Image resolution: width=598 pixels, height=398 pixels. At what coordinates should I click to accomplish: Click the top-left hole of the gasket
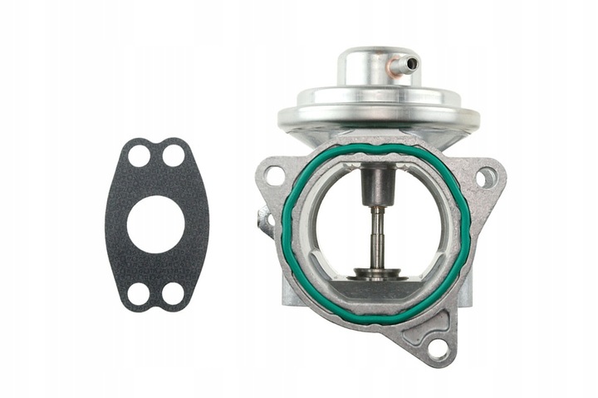139,155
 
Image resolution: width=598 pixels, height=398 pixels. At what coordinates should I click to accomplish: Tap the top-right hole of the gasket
173,155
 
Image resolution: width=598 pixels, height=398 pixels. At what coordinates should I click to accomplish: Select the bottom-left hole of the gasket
139,292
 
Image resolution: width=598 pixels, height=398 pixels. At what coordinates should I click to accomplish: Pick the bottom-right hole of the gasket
173,292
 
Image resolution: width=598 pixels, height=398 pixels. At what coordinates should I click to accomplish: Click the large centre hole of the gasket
155,224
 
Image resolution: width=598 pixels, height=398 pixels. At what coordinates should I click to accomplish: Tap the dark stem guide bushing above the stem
375,184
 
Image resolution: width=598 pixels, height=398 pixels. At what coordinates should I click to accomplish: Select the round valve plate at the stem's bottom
377,272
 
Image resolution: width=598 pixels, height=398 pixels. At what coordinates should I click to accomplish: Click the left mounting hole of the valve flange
274,174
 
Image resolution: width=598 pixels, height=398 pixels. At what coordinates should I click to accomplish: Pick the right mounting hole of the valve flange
486,177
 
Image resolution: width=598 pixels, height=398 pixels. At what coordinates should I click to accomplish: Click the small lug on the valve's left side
265,221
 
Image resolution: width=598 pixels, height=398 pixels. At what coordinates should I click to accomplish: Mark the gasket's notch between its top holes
156,147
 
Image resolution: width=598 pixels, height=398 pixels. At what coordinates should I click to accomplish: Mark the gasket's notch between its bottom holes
156,302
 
